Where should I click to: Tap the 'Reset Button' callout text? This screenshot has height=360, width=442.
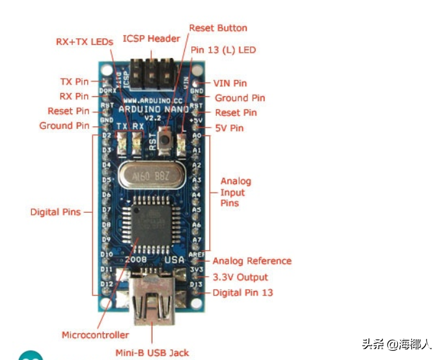(218, 28)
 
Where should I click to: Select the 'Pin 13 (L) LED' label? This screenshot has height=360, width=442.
(223, 50)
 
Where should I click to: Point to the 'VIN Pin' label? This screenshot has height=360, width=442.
(230, 83)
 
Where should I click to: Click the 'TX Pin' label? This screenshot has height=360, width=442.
(74, 82)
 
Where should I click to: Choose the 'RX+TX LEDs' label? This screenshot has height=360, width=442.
(84, 42)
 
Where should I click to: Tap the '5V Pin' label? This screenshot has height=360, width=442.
(228, 128)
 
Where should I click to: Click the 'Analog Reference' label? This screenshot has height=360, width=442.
(252, 261)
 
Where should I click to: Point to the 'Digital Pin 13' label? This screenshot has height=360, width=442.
(243, 293)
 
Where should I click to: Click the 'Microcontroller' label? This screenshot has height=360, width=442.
(95, 335)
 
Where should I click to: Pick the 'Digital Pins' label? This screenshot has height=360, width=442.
(55, 212)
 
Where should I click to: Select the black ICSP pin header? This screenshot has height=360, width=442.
(153, 74)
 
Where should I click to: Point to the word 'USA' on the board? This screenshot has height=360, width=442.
(174, 260)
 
